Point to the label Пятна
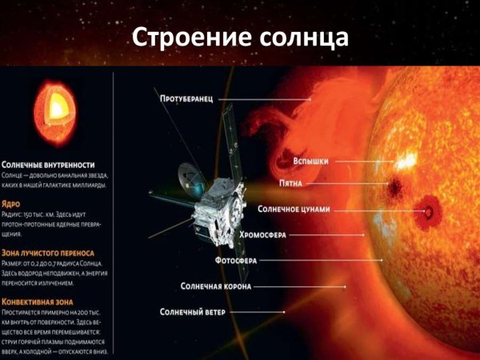pos(297,182)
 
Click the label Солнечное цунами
pos(294,209)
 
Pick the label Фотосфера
pos(237,260)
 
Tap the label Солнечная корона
pos(216,286)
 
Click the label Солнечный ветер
pos(196,310)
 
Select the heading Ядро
pos(14,203)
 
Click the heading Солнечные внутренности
pos(54,163)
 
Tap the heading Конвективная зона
pos(45,301)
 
